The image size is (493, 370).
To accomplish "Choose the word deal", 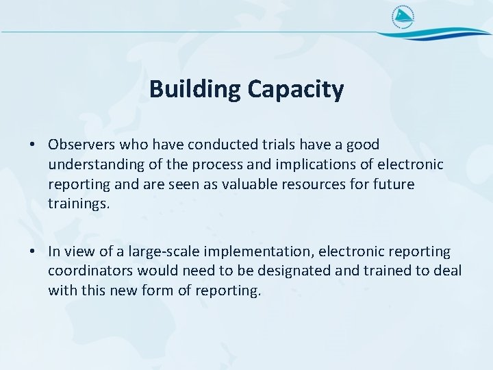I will (x=448, y=272).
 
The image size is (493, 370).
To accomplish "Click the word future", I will (x=394, y=185).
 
